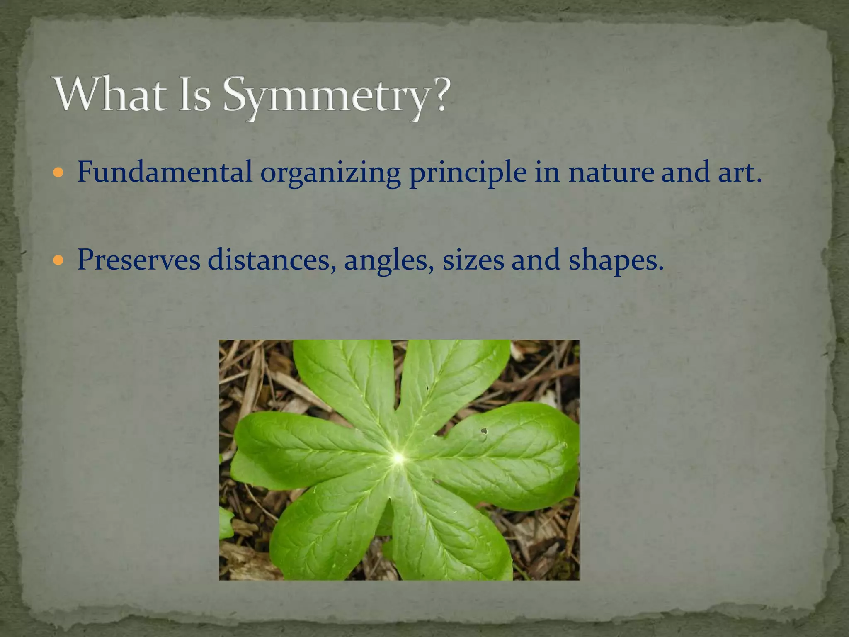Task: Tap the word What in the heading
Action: (x=111, y=94)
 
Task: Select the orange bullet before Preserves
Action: (x=58, y=260)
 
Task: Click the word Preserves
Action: (x=138, y=260)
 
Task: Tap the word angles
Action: (x=388, y=261)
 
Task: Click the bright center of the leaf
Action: (x=398, y=458)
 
